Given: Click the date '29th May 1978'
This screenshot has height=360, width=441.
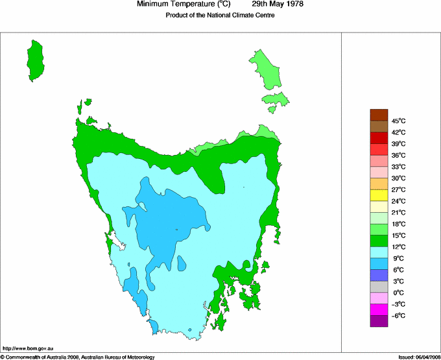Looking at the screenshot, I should [278, 5].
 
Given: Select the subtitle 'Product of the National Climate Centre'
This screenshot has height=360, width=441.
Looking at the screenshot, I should [220, 16].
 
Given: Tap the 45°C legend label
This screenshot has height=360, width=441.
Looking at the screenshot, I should [398, 121].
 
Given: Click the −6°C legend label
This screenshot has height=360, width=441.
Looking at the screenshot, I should [398, 315].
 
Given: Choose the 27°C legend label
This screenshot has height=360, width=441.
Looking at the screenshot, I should [398, 189].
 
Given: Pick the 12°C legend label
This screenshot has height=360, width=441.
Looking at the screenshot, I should [398, 247].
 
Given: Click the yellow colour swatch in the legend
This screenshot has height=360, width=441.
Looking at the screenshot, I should [379, 195].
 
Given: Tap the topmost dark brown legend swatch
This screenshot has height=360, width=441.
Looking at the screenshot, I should [379, 115].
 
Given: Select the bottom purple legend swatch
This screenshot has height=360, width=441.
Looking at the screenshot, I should [379, 321].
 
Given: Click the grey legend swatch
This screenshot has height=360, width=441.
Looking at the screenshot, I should [379, 287].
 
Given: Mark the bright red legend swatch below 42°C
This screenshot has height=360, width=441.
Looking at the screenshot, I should [379, 138].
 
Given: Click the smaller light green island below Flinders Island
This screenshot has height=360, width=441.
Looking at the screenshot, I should [275, 99].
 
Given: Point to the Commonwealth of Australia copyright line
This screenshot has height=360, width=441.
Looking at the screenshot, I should [78, 356].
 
